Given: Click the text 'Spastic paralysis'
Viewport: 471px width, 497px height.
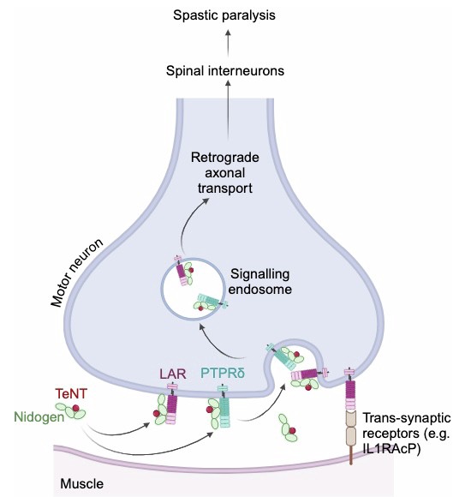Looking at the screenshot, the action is click(x=224, y=15).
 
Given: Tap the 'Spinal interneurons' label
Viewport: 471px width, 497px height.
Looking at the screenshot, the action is click(x=225, y=70).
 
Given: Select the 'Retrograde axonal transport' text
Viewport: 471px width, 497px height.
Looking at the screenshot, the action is click(x=225, y=173).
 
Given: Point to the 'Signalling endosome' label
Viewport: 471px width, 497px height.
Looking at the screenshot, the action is click(x=259, y=281).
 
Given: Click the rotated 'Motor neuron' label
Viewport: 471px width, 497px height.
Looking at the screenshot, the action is click(x=77, y=272).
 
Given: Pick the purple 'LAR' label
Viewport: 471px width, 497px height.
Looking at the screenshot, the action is click(x=173, y=374).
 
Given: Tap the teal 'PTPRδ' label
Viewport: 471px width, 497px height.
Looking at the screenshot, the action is click(x=223, y=374).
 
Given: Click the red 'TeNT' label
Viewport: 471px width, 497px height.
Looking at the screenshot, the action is click(x=71, y=393).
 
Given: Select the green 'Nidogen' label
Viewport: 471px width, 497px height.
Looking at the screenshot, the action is click(x=39, y=416).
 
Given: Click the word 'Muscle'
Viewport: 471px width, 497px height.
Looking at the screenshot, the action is click(x=81, y=483).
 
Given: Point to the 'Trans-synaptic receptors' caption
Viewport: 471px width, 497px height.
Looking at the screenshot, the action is click(x=407, y=433).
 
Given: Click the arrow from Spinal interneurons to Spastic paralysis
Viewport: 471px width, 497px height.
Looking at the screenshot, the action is click(x=228, y=44).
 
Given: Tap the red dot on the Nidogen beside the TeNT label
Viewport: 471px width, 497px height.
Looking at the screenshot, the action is click(x=75, y=408).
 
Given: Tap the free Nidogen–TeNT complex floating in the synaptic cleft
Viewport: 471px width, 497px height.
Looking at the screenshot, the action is click(x=288, y=428).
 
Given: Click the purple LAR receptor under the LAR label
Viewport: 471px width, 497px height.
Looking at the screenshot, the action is click(x=172, y=404).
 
